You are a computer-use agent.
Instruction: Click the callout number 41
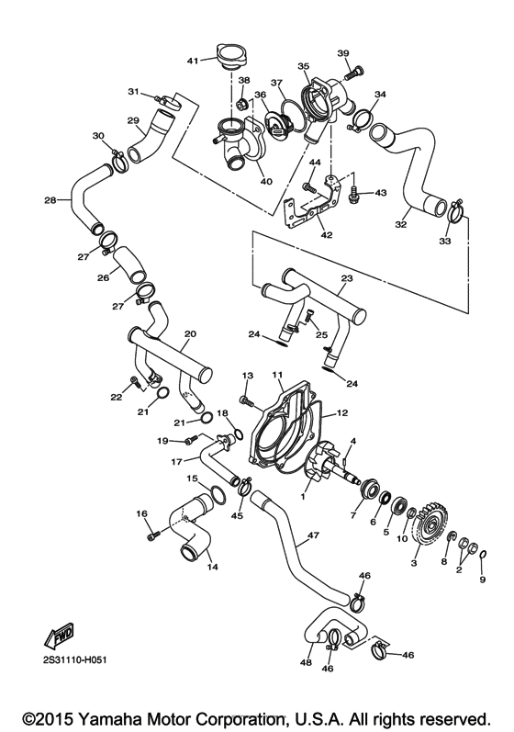193,61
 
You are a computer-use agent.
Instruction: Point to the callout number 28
50,199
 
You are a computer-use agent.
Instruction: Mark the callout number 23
346,278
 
